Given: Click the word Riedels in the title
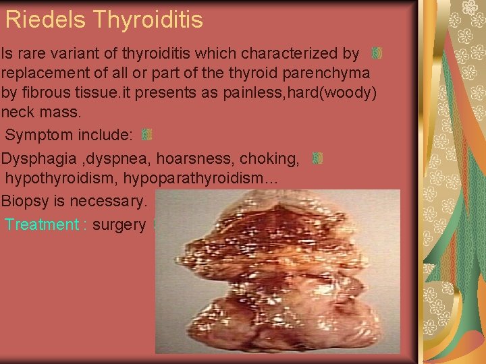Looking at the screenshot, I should (46, 20).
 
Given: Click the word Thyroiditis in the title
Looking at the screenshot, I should (148, 20).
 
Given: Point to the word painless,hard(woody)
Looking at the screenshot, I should (308, 92).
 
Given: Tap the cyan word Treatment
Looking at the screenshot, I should (42, 224).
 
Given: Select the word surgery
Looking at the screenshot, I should (119, 224).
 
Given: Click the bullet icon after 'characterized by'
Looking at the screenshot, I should (377, 53).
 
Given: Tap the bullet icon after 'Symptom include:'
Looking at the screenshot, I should (147, 135).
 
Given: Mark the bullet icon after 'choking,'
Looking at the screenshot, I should (317, 159).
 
